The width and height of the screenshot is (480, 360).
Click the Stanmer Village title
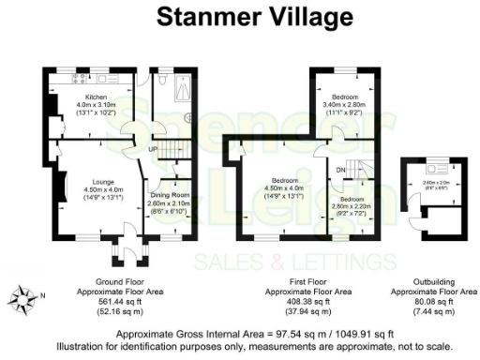(241, 16)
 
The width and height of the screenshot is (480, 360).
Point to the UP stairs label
(153, 148)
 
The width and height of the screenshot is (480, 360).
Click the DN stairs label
(342, 169)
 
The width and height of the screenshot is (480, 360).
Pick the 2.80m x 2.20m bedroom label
(352, 200)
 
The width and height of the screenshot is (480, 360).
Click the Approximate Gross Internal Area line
(240, 335)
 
